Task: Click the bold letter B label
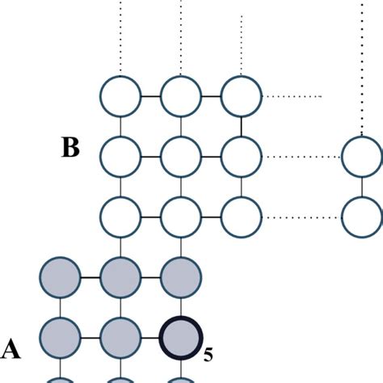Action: pyautogui.click(x=70, y=149)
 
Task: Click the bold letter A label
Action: pyautogui.click(x=11, y=349)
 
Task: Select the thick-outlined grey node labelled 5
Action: pyautogui.click(x=181, y=338)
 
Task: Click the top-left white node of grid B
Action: pyautogui.click(x=120, y=95)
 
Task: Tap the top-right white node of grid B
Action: pyautogui.click(x=242, y=95)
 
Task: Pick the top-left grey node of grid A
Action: pyautogui.click(x=60, y=277)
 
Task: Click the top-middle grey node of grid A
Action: pyautogui.click(x=120, y=277)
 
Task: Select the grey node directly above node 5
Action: pyautogui.click(x=181, y=277)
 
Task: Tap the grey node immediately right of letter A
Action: pyautogui.click(x=60, y=338)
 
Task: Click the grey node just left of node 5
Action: pyautogui.click(x=120, y=338)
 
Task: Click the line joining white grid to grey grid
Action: pyautogui.click(x=120, y=246)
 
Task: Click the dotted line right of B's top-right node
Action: pyautogui.click(x=293, y=96)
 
